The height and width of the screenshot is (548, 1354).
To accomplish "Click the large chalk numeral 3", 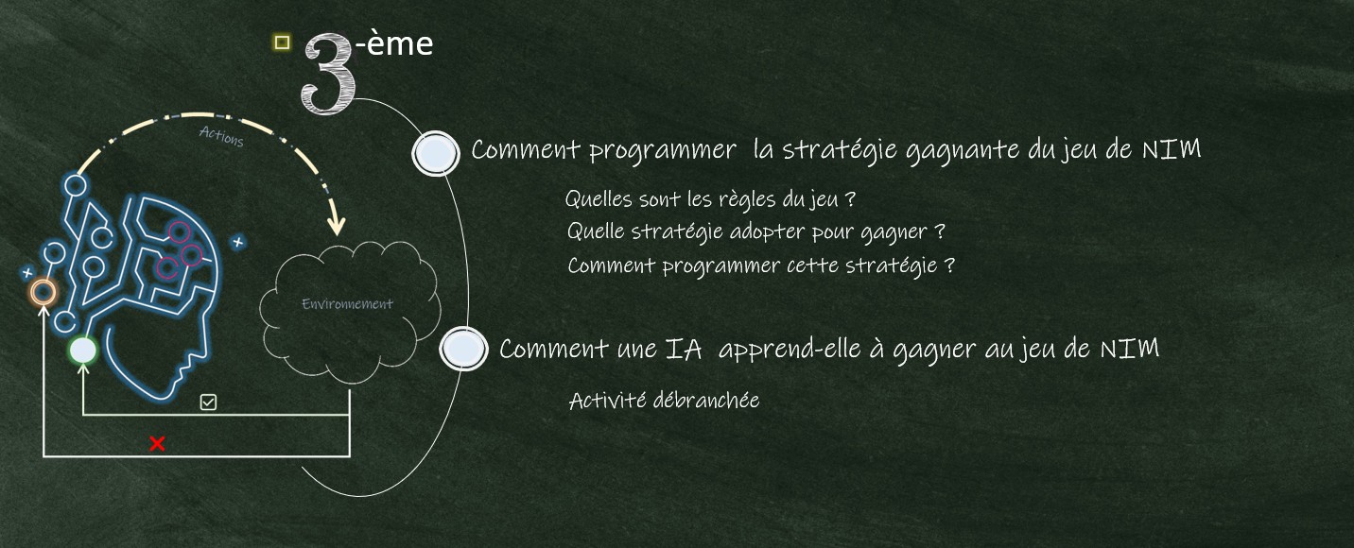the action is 328,74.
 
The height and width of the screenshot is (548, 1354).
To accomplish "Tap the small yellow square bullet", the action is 282,43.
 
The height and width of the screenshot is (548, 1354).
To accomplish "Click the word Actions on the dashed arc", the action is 221,137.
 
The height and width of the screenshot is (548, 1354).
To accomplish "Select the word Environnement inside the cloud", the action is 347,303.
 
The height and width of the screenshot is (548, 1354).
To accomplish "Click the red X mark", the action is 157,444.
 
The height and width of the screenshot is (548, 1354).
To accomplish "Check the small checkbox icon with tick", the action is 208,402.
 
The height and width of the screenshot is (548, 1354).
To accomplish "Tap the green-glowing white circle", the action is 83,351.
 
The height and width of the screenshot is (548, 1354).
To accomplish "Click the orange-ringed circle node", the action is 43,293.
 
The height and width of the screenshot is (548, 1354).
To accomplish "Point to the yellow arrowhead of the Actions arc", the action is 337,225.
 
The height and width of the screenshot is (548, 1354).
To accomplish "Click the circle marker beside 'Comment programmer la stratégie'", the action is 435,153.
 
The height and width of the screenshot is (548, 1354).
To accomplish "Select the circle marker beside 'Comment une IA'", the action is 463,349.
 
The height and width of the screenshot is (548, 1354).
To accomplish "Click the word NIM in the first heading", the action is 1171,149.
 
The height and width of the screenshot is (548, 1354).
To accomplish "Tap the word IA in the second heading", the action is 684,350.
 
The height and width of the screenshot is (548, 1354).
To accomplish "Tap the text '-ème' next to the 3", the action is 395,43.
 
